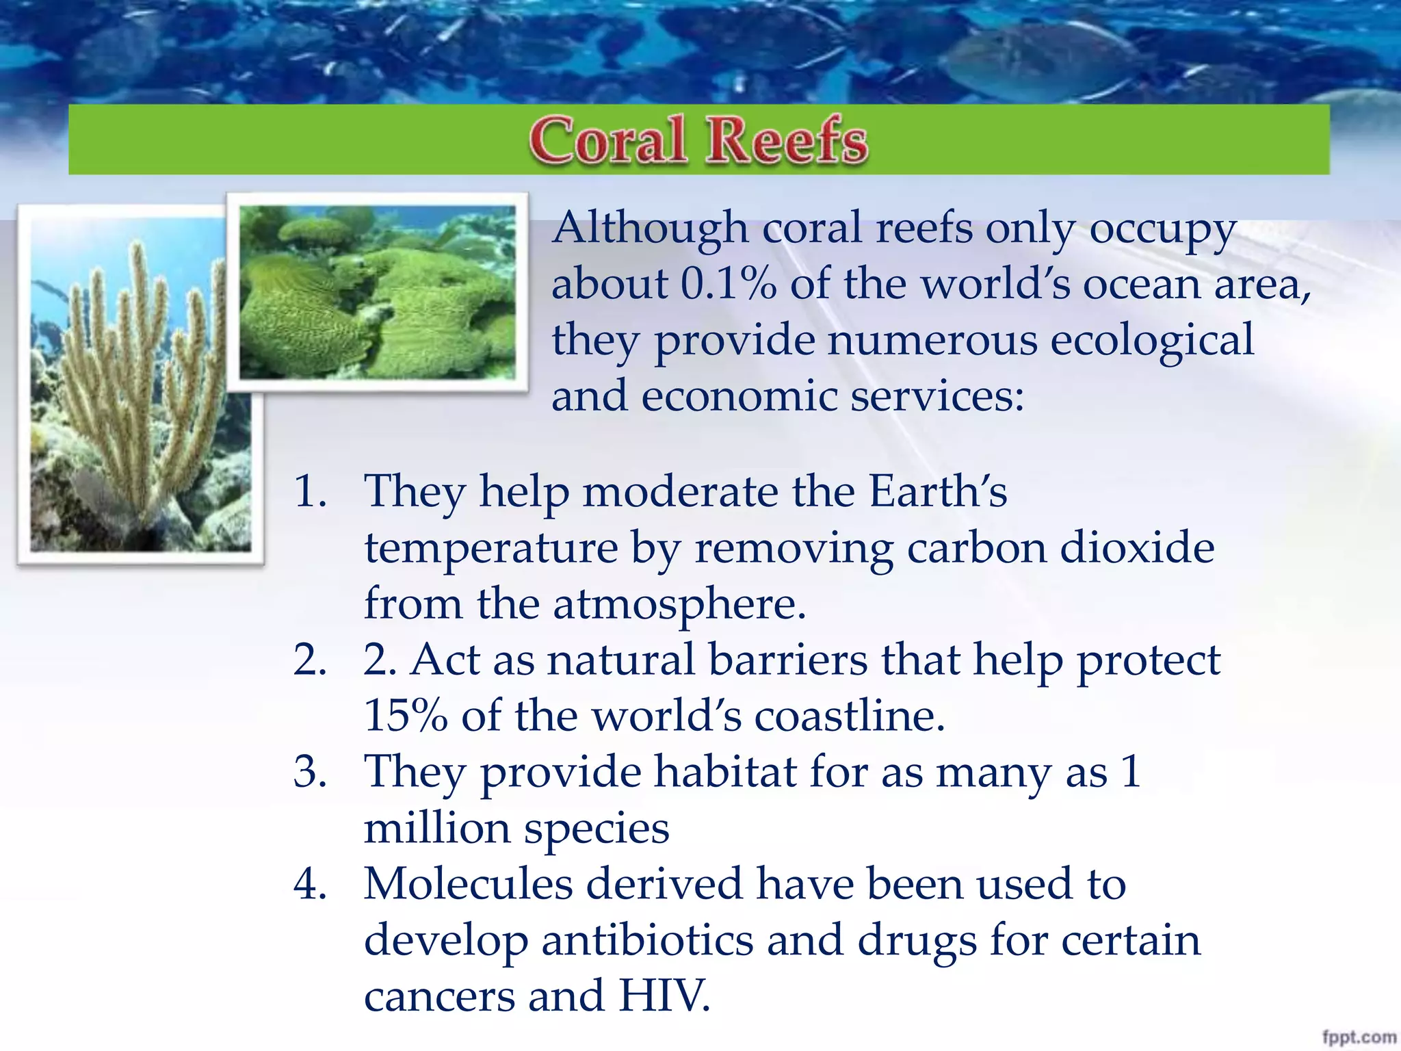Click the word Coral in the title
pos(607,140)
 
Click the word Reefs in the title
pos(787,140)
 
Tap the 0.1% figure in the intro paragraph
pos(729,284)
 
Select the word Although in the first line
pos(650,228)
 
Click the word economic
pos(739,396)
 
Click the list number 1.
pos(309,491)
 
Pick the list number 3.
pos(309,772)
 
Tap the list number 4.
pos(309,884)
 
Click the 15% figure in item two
pos(405,716)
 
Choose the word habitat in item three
pos(725,772)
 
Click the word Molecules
pos(468,884)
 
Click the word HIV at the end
pos(664,996)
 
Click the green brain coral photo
pos(377,292)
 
